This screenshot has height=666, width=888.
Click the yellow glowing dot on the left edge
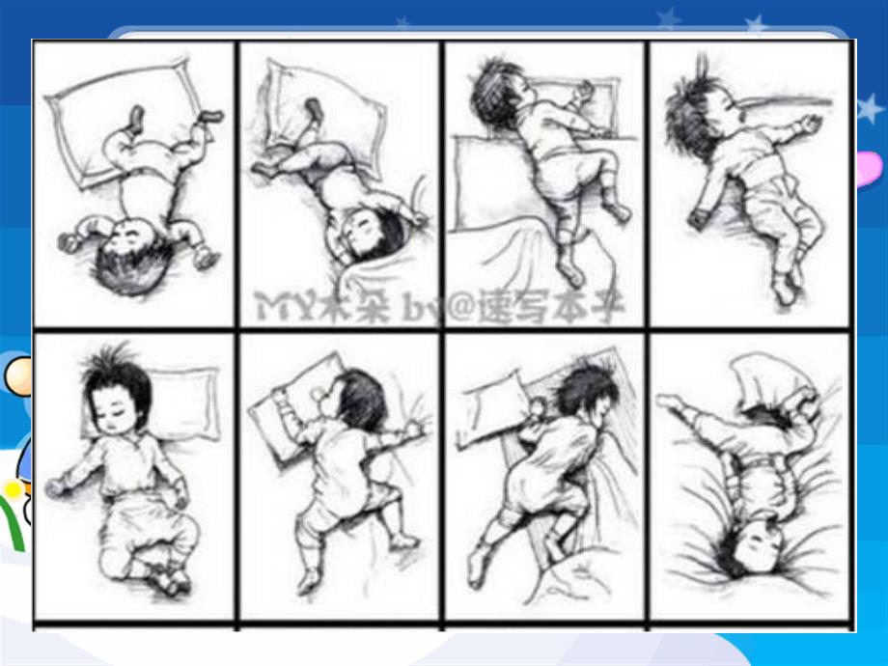tap(12, 490)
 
